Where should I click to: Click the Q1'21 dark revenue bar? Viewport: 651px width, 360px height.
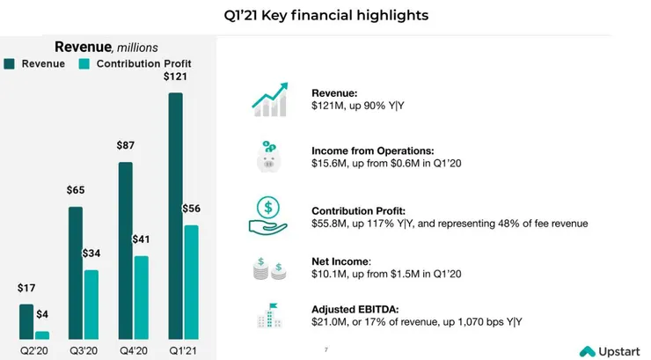click(x=176, y=216)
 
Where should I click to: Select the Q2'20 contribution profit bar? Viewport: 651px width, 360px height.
click(x=42, y=335)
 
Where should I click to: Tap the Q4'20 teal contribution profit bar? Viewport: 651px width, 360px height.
click(x=142, y=298)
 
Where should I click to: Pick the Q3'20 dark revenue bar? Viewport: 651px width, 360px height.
click(x=76, y=273)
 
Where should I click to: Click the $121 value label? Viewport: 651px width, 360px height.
click(x=175, y=77)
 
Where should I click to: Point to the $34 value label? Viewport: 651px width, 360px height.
click(x=91, y=253)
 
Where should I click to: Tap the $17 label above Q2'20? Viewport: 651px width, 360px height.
click(x=26, y=288)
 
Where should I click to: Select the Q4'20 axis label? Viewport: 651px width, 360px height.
click(x=133, y=351)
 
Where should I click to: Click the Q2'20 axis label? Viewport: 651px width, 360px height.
click(x=34, y=351)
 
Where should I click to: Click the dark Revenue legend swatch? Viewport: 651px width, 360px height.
click(x=9, y=64)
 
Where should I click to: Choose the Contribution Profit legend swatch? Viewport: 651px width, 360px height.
click(x=84, y=64)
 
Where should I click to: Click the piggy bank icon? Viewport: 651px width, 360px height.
click(x=268, y=157)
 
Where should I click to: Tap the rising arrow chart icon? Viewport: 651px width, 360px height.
click(x=270, y=99)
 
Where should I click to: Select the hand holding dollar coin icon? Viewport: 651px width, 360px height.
click(x=268, y=216)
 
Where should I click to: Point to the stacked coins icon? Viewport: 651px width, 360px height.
click(x=269, y=268)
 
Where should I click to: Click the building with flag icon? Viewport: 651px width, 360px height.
click(x=269, y=316)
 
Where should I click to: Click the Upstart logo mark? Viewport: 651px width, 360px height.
click(x=588, y=351)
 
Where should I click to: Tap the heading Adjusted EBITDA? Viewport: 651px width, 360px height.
click(x=355, y=309)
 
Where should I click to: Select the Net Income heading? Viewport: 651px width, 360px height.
click(x=341, y=261)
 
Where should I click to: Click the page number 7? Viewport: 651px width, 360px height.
click(x=326, y=350)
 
